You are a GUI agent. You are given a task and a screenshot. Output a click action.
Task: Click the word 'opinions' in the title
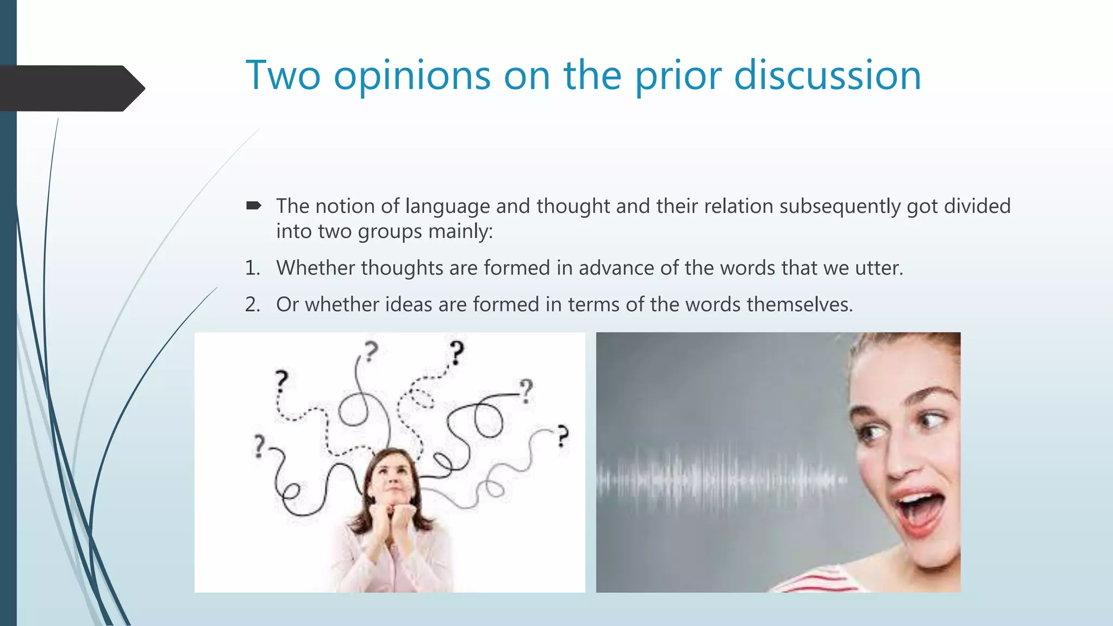click(412, 76)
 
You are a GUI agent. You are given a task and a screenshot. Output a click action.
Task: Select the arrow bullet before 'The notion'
click(253, 205)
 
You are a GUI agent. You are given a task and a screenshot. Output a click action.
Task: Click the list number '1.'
click(252, 268)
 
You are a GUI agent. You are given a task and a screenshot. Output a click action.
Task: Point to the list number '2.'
click(252, 304)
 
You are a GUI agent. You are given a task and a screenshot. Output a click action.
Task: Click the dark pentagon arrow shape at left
click(71, 88)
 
